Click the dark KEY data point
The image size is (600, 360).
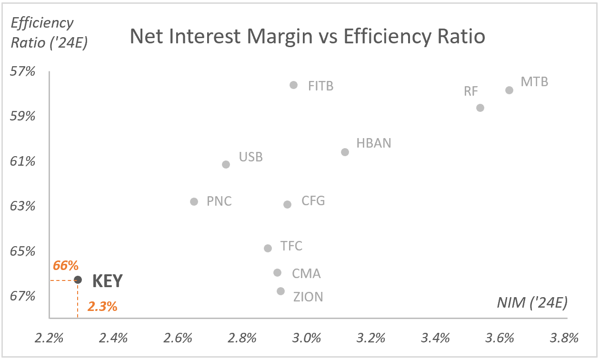(x=78, y=280)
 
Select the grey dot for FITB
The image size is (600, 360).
(x=293, y=85)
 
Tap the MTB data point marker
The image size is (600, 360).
(x=509, y=90)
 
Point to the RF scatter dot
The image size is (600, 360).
(x=480, y=108)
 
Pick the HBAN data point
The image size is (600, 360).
(x=345, y=152)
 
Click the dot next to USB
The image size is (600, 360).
(x=226, y=164)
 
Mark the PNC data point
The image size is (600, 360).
(x=194, y=201)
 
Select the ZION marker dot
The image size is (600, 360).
(x=280, y=291)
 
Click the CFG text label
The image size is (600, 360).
(x=313, y=201)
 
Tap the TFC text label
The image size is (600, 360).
(x=291, y=246)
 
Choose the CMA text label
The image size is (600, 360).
(x=306, y=274)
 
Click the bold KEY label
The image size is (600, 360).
(x=107, y=281)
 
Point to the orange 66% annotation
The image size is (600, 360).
(x=66, y=266)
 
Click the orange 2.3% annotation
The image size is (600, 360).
(x=102, y=307)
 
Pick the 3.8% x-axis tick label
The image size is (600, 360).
(x=564, y=339)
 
